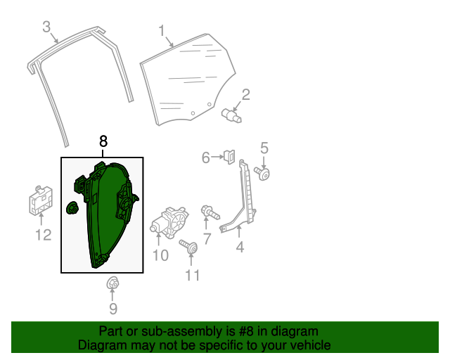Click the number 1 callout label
click(x=161, y=30)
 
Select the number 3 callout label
click(x=46, y=27)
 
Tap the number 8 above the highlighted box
click(x=103, y=141)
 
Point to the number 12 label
click(x=44, y=235)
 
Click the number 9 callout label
click(x=112, y=308)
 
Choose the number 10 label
click(x=160, y=255)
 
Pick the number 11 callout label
click(x=192, y=275)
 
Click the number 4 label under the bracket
click(x=240, y=247)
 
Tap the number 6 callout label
click(x=206, y=157)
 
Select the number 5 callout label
click(x=264, y=148)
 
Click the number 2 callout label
click(x=246, y=95)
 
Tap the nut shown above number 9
click(x=111, y=283)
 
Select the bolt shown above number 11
click(x=188, y=247)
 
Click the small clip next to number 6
click(x=229, y=156)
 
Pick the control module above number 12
click(x=40, y=202)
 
